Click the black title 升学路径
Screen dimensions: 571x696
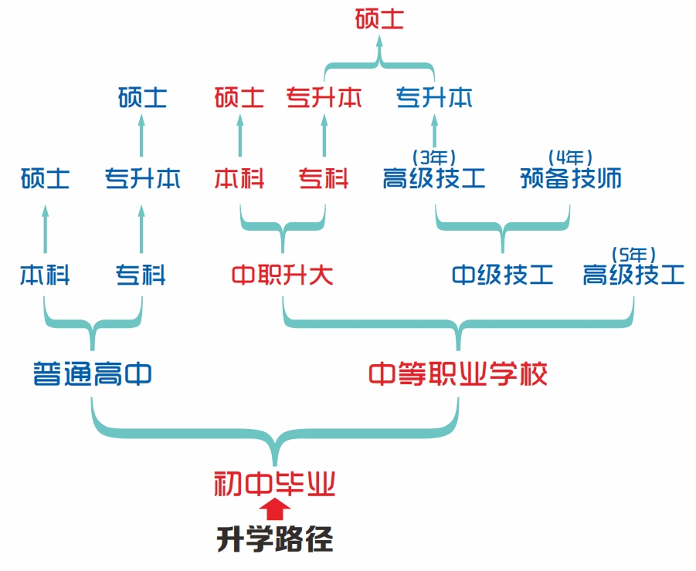274,539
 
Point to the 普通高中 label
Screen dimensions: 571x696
92,374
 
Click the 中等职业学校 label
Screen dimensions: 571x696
458,374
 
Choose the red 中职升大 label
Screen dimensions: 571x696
282,275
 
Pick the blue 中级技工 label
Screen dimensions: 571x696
503,275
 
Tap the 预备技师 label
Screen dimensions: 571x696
571,179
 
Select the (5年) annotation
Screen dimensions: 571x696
633,252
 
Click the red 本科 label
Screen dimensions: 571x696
239,179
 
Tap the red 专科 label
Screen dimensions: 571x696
324,179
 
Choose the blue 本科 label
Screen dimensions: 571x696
45,275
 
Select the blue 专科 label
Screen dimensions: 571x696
141,275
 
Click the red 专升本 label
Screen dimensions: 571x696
324,98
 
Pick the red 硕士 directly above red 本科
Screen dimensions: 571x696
239,98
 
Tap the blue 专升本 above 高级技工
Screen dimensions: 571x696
434,98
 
